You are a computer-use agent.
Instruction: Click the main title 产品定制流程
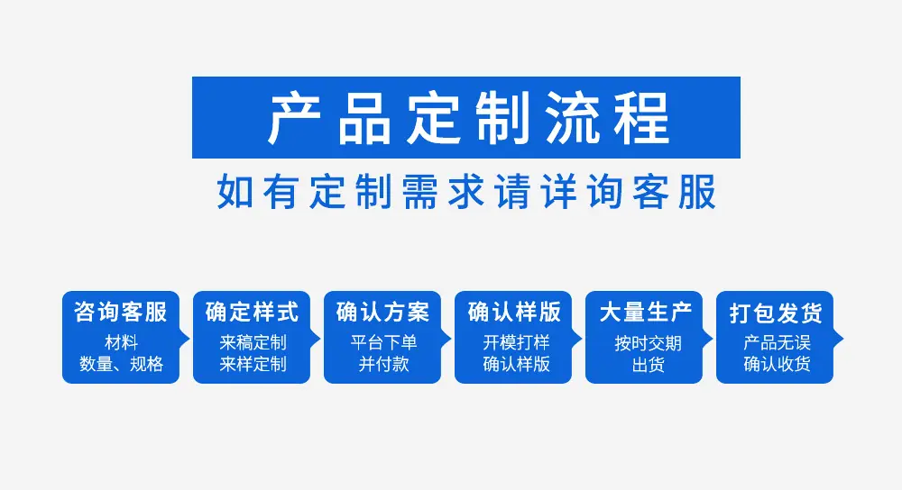[468, 118]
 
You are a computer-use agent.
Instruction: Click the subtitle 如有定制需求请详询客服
[466, 191]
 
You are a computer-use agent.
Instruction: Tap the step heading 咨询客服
[120, 312]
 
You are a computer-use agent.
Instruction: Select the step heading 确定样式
[252, 312]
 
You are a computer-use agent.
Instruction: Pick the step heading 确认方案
[382, 312]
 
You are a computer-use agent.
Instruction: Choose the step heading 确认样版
[514, 312]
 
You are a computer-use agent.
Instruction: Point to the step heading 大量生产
[645, 312]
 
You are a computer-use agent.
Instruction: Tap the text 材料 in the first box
[121, 343]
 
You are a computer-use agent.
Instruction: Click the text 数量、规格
[121, 364]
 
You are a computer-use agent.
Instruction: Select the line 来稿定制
[253, 343]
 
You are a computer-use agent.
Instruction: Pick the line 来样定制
[253, 364]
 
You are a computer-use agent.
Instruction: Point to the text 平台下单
[383, 343]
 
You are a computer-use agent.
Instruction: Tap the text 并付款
[383, 364]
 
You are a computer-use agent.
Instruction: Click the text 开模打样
[516, 343]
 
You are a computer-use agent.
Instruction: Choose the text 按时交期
[648, 343]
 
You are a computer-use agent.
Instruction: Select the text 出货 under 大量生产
[648, 365]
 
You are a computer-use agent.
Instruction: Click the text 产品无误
[777, 343]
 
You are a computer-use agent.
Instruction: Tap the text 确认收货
[777, 364]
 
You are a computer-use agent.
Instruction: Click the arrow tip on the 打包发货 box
[842, 339]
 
